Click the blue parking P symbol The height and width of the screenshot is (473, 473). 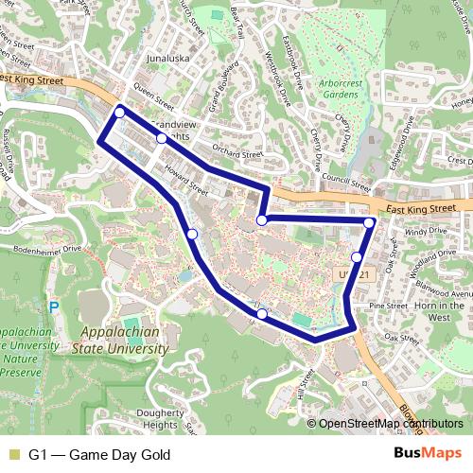pos(54,307)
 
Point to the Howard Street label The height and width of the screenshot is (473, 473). pos(185,181)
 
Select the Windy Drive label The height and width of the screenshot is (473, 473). pos(416,231)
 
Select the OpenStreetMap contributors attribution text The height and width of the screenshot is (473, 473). pos(390,424)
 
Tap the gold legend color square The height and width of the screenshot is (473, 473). pos(13,455)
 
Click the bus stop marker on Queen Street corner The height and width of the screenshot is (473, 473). pos(119,113)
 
